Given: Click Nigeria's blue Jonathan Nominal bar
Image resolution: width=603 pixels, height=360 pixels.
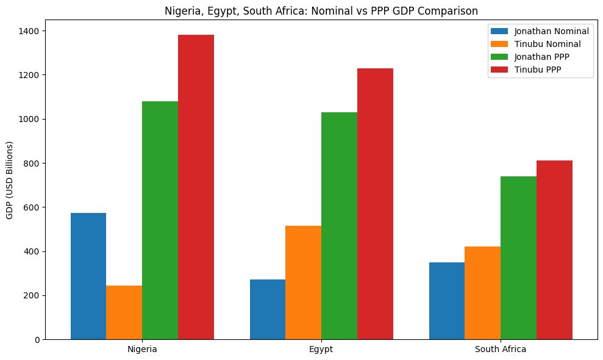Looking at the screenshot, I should (x=88, y=276).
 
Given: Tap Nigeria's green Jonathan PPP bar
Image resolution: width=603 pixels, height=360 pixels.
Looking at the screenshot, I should (x=160, y=220).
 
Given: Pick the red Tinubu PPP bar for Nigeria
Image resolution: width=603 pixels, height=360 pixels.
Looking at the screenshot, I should (x=196, y=187).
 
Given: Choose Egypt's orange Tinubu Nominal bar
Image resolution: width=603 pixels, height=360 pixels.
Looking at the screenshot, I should (x=303, y=283).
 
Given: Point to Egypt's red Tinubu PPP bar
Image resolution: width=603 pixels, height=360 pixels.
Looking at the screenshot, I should (x=375, y=204).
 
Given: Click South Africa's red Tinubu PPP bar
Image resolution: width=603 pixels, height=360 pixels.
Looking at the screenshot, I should (x=554, y=250).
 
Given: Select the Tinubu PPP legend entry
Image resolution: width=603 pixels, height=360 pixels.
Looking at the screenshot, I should (x=537, y=70).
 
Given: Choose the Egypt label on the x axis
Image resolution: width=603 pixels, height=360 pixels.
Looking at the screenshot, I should (x=321, y=350).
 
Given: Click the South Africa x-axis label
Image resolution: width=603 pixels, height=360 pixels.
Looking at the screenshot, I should (x=501, y=350).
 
